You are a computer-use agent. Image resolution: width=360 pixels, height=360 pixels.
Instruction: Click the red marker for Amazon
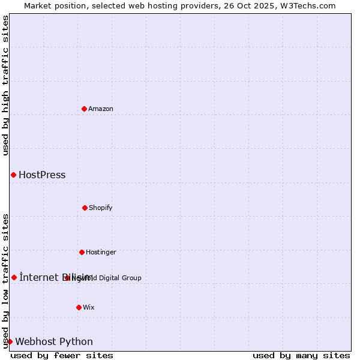point(84,109)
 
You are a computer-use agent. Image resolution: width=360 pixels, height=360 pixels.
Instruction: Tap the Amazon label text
point(101,109)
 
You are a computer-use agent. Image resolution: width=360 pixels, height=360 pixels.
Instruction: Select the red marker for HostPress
point(13,175)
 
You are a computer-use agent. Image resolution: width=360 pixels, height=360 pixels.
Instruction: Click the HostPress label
point(42,175)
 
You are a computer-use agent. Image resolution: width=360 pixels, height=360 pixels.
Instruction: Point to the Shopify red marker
point(85,208)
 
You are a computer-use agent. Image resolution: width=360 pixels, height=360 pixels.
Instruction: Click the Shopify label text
point(101,208)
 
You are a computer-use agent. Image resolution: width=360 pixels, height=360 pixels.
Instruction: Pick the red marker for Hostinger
point(82,252)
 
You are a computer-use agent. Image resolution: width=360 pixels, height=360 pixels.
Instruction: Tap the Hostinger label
point(101,252)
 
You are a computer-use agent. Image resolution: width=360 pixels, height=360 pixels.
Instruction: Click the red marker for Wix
point(79,307)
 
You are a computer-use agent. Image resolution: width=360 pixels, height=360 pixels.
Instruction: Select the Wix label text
point(89,307)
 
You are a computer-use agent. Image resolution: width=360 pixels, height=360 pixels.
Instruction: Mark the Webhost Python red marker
point(10,341)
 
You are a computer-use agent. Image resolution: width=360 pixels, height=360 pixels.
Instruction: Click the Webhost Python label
point(54,342)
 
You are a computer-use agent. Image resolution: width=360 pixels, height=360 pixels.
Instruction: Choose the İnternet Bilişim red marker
point(14,277)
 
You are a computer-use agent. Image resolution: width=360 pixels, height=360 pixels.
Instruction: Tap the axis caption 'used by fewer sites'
point(62,355)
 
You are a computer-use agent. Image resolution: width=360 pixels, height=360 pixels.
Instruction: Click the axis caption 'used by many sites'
point(301,355)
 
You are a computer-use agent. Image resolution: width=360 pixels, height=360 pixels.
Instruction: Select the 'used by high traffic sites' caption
point(5,85)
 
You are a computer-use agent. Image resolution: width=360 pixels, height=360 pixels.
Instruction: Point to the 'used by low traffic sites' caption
point(5,281)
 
